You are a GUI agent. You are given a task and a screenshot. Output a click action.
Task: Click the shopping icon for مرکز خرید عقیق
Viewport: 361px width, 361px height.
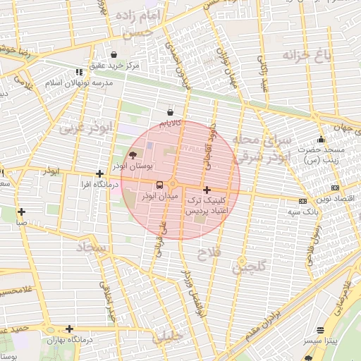point(114,54)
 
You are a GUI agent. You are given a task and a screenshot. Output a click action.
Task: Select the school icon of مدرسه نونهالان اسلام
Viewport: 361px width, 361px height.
point(80,71)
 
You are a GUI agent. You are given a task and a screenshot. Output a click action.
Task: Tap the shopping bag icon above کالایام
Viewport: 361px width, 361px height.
point(170,112)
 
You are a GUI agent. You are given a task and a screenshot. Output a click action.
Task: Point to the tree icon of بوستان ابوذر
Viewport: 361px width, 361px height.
point(133,155)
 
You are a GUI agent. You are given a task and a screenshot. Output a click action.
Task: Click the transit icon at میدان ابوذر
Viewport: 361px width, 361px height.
point(159,185)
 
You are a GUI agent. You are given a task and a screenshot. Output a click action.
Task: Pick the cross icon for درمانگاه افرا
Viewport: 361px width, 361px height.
point(99,173)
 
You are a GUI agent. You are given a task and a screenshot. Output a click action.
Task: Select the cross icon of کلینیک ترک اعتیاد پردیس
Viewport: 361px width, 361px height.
point(206,190)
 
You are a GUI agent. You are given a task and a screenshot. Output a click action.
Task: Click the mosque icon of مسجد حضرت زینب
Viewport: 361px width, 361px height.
point(322,139)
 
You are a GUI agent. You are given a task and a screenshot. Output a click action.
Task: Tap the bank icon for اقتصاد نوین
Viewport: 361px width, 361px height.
point(334,188)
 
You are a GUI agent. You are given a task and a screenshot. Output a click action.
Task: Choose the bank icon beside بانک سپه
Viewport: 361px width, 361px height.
point(302,201)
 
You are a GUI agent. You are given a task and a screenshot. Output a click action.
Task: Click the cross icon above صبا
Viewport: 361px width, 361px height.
point(22,212)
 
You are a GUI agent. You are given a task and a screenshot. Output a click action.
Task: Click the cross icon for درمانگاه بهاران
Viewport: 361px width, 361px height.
point(69,329)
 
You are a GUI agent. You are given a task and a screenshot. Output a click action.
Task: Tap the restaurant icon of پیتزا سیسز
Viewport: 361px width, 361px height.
point(321,329)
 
